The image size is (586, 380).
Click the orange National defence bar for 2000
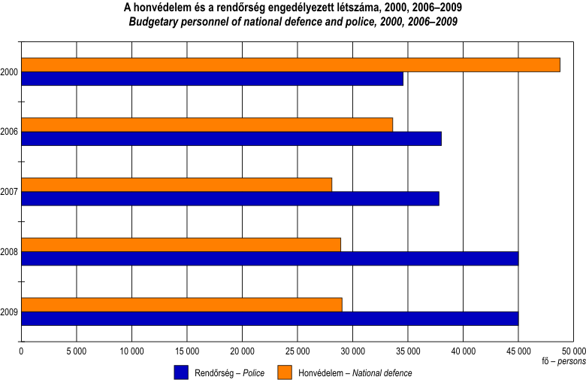click(291, 65)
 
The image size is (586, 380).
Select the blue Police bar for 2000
click(213, 79)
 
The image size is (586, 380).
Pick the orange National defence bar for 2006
click(207, 125)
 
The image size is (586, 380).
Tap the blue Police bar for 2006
click(231, 139)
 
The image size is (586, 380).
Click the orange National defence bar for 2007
click(177, 184)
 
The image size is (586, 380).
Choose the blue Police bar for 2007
click(230, 199)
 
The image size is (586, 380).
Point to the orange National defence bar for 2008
click(181, 245)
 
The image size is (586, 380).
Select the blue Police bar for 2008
click(270, 259)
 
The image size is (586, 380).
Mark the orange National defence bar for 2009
click(182, 304)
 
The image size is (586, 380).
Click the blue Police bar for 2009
click(270, 318)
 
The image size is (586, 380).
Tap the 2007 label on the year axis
click(10, 192)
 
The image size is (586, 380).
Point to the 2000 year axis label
click(10, 72)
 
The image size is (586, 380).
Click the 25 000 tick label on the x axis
click(297, 351)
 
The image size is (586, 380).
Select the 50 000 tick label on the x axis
click(573, 351)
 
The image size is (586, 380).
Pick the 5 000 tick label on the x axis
click(77, 351)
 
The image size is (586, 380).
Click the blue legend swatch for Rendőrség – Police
click(180, 372)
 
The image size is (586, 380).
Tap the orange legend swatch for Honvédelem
click(285, 372)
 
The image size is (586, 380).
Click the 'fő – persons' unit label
click(563, 362)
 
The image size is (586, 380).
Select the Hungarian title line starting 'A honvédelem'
click(293, 8)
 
